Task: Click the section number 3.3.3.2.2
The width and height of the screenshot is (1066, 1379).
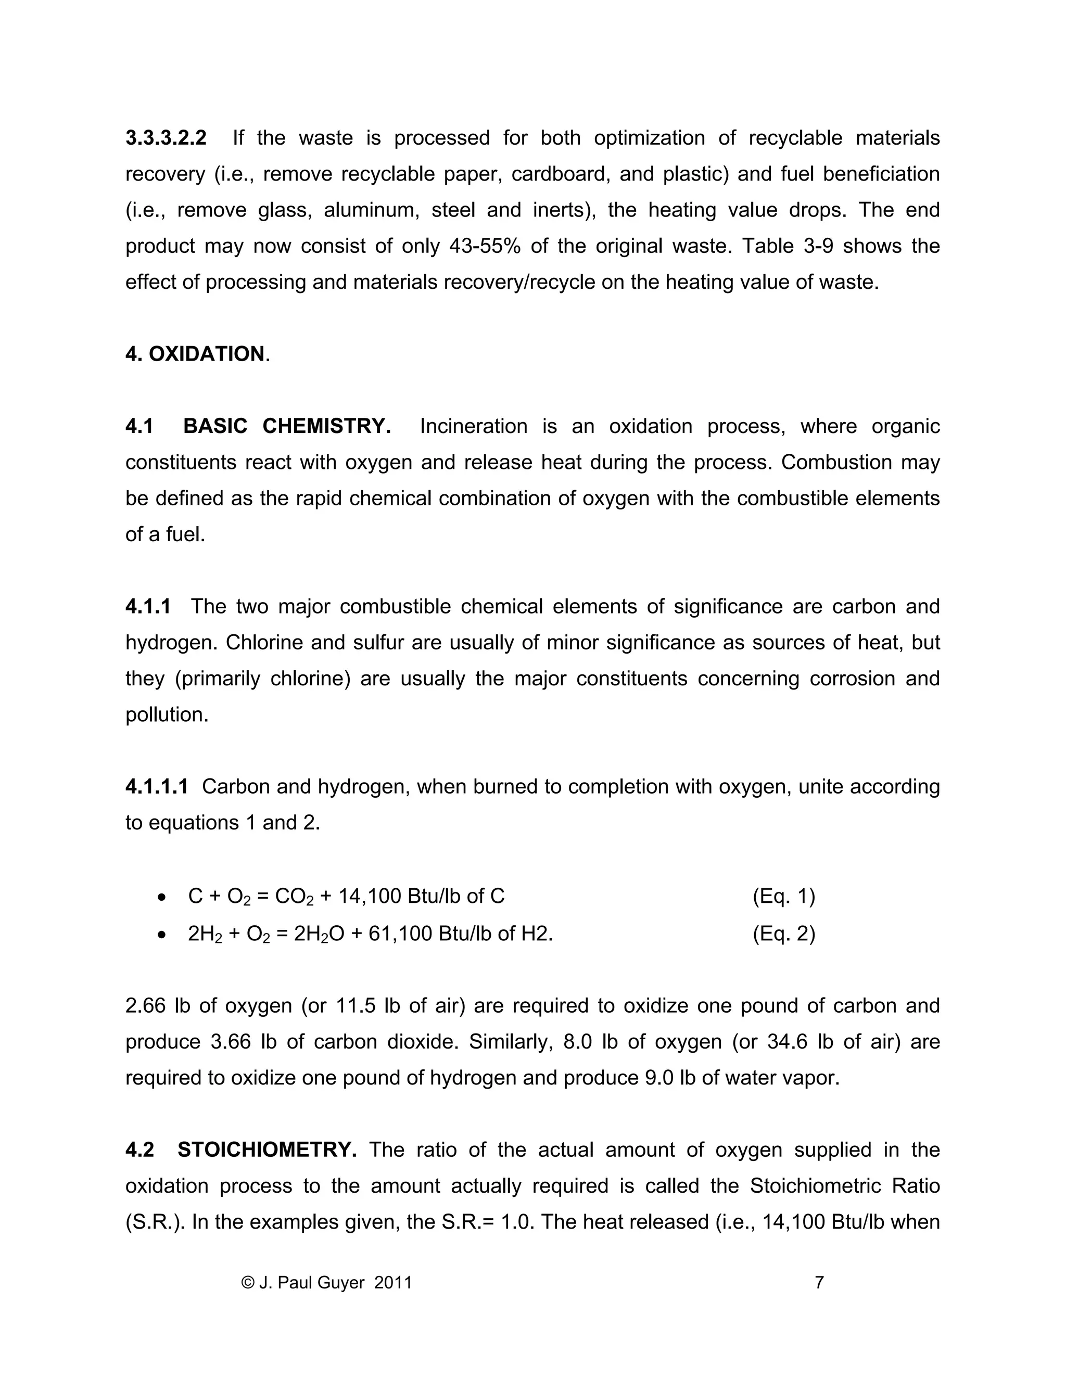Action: click(x=166, y=138)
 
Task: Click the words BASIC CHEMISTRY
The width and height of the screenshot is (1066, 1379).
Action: click(x=286, y=426)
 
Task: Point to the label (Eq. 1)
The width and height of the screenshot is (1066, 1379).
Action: click(x=783, y=896)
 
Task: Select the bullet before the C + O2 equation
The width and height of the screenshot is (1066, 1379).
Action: click(x=162, y=897)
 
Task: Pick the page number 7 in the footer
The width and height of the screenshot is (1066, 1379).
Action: click(x=819, y=1282)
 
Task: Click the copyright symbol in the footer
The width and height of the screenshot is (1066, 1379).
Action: click(x=248, y=1282)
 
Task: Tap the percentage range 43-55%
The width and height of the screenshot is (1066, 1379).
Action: click(x=485, y=246)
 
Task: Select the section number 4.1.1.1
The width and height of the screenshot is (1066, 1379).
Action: click(x=157, y=787)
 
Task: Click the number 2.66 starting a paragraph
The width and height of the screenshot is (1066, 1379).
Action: click(x=145, y=1005)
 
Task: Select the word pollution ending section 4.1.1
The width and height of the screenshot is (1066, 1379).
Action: click(x=166, y=715)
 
